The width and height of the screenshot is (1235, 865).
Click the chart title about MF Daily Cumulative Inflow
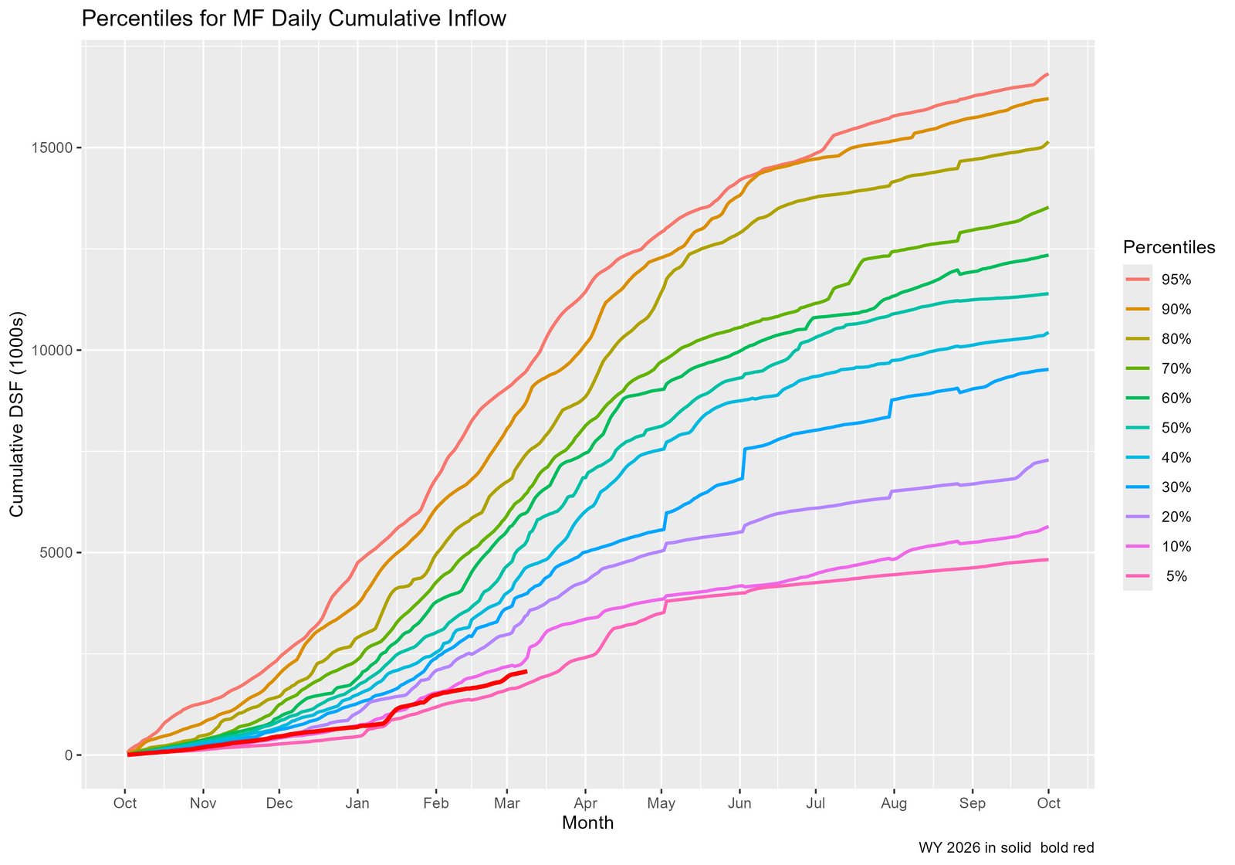coord(293,19)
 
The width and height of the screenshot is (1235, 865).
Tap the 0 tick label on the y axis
coord(68,755)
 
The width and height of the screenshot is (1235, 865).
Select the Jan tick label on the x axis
coord(357,803)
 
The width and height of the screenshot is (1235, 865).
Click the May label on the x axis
coord(661,803)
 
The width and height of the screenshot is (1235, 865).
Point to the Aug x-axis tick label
coord(894,803)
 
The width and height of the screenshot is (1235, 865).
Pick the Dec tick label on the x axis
coord(279,803)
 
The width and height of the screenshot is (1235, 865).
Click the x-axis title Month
coord(587,823)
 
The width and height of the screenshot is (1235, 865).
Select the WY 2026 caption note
coord(1006,848)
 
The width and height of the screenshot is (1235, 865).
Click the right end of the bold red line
coord(526,672)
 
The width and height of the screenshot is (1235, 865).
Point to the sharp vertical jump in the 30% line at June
coord(743,463)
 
